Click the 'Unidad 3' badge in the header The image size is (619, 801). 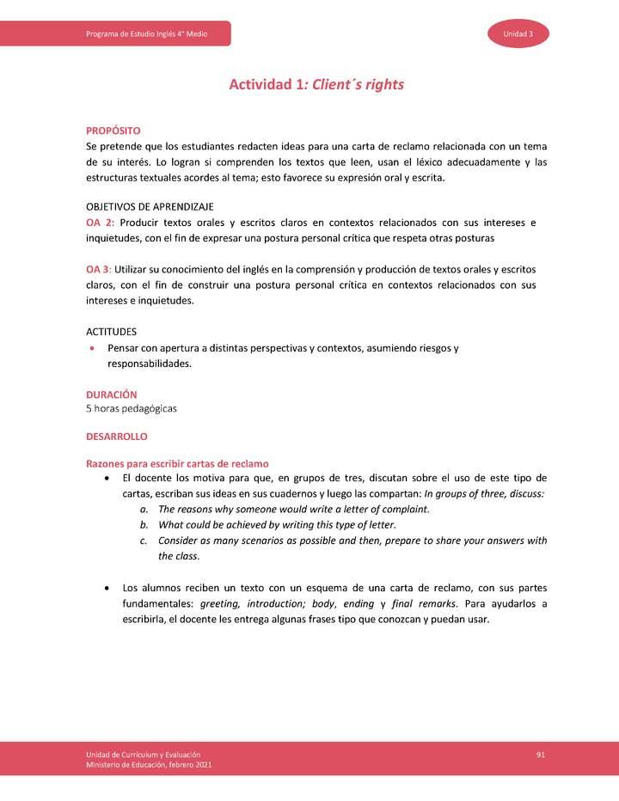[x=518, y=34]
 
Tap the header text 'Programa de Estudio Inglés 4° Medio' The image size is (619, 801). [x=146, y=34]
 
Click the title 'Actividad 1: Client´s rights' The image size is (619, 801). [x=316, y=85]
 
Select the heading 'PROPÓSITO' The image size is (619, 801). [x=113, y=131]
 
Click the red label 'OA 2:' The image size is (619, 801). [x=101, y=223]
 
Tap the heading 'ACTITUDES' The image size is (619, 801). [x=111, y=332]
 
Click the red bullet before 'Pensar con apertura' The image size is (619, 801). [x=92, y=349]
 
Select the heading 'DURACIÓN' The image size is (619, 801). [x=111, y=394]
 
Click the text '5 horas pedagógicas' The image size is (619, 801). [x=131, y=408]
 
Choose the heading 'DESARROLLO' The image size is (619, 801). [x=116, y=437]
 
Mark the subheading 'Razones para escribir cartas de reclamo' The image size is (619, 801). [x=177, y=464]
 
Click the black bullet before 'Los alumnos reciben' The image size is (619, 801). [x=106, y=588]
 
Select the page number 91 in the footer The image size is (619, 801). [x=541, y=754]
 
